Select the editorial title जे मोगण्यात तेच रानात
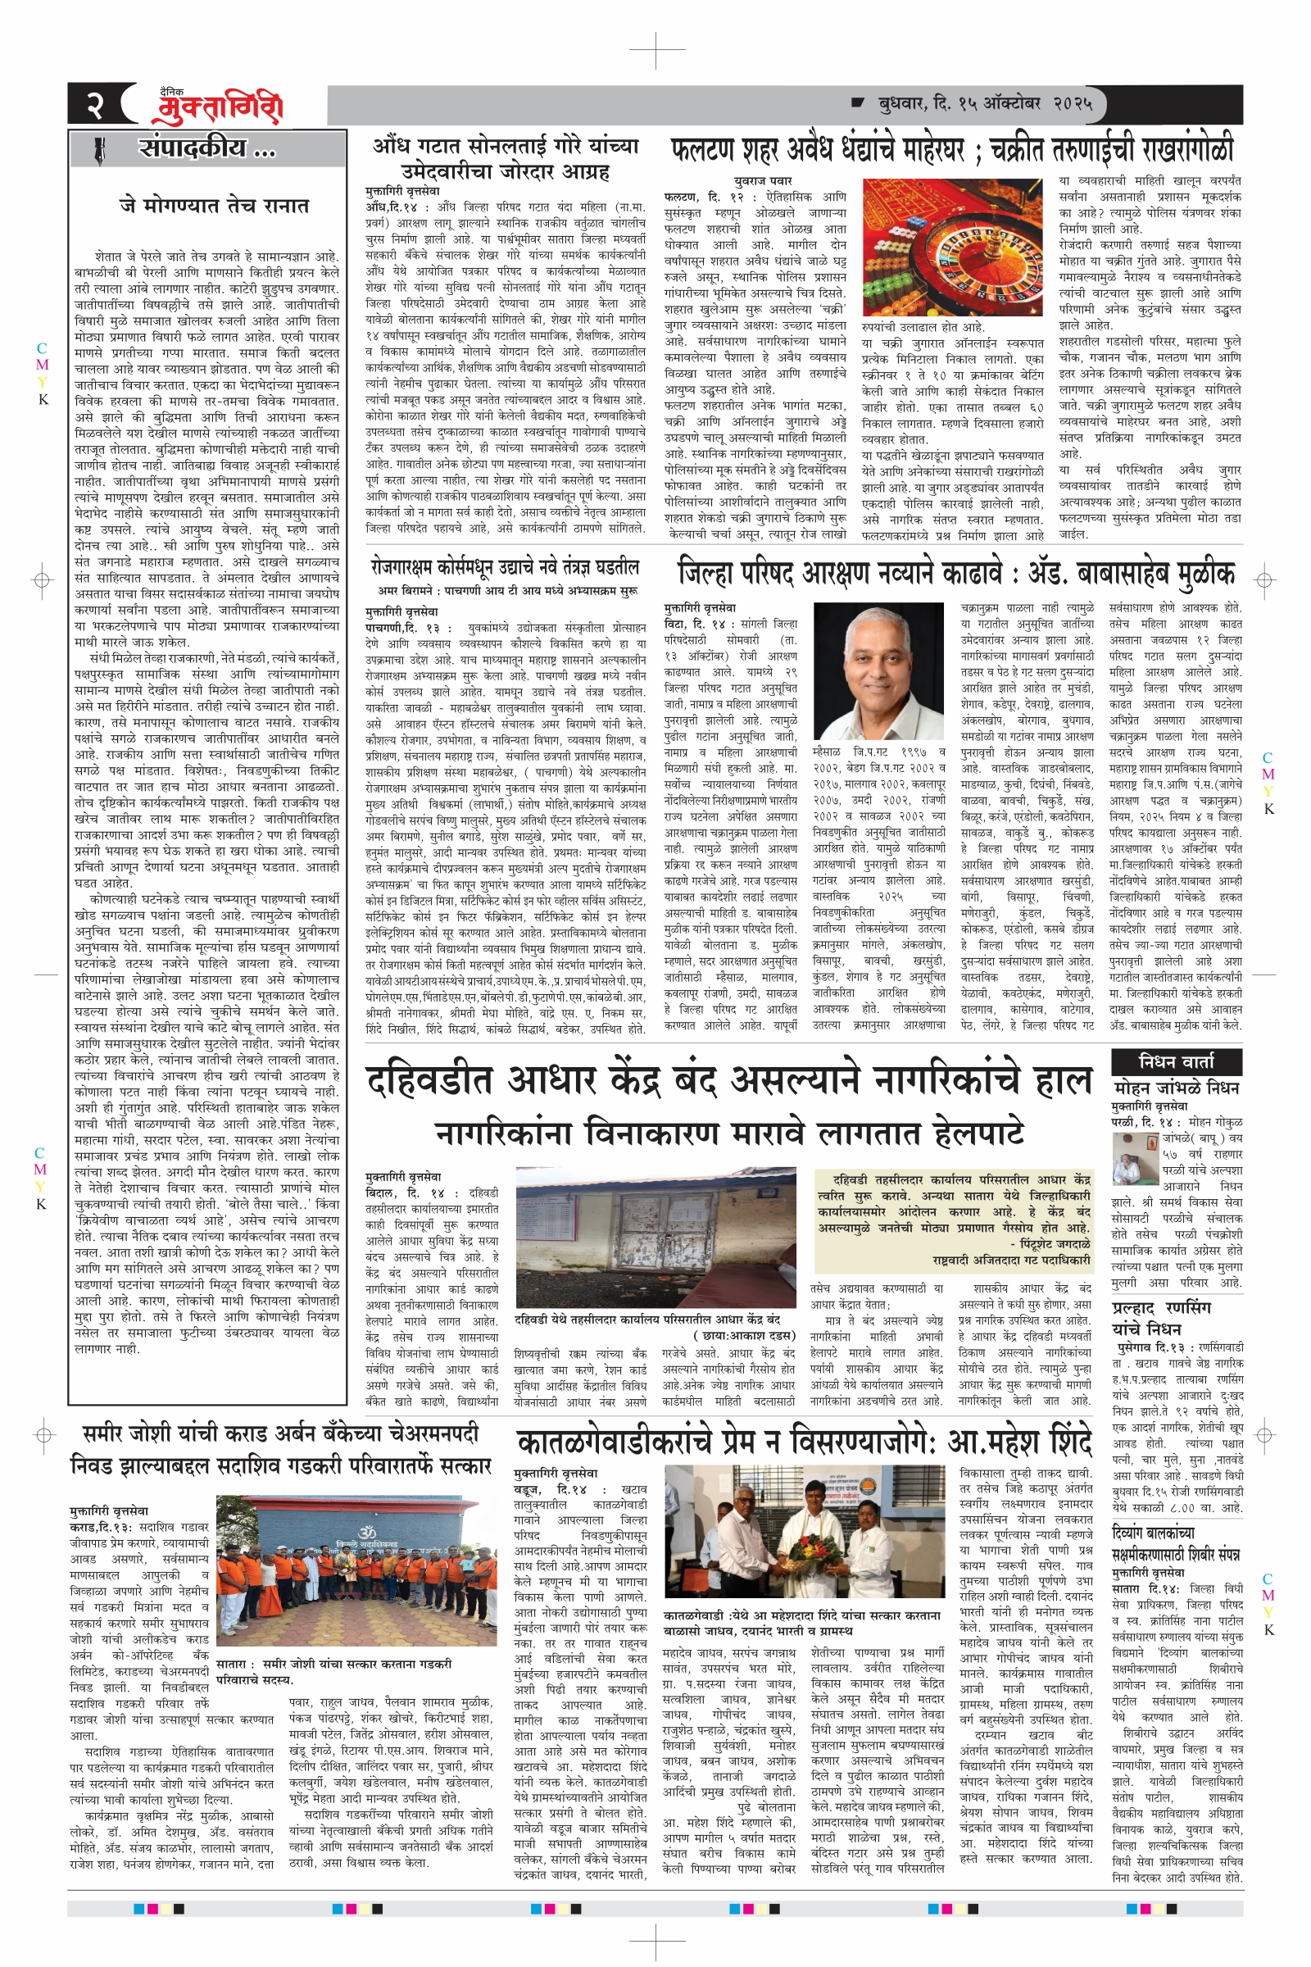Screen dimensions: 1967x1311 point(214,205)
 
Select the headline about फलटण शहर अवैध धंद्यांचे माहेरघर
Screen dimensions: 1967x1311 point(952,150)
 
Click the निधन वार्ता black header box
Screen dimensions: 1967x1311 point(1176,1061)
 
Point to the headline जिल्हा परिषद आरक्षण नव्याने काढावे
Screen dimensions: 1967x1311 point(955,575)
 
